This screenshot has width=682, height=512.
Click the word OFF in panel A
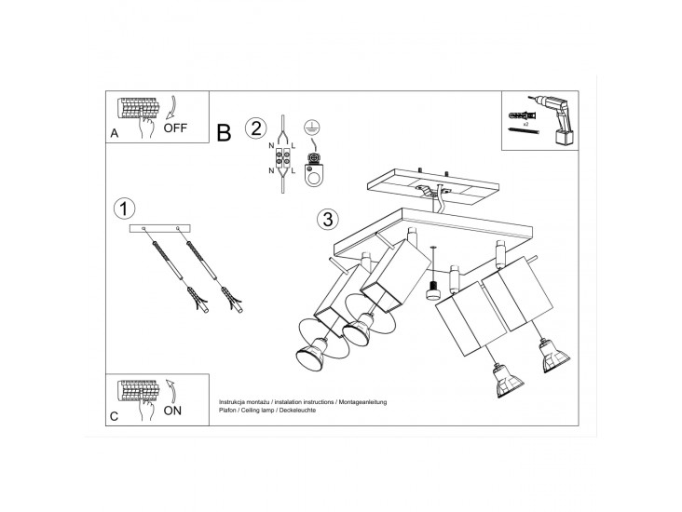point(175,128)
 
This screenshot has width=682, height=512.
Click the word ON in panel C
point(172,411)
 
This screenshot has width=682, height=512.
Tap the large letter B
point(224,132)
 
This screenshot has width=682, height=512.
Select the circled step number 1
point(124,209)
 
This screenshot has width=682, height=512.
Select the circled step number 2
point(255,128)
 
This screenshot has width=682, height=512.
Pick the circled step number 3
point(328,219)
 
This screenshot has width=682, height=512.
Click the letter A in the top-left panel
point(114,133)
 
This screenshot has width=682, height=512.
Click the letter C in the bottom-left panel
point(114,416)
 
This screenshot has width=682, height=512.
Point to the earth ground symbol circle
point(309,126)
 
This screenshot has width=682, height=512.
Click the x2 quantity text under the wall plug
point(525,125)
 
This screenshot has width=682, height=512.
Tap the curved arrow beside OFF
point(173,107)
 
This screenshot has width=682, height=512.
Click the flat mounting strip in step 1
point(160,228)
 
